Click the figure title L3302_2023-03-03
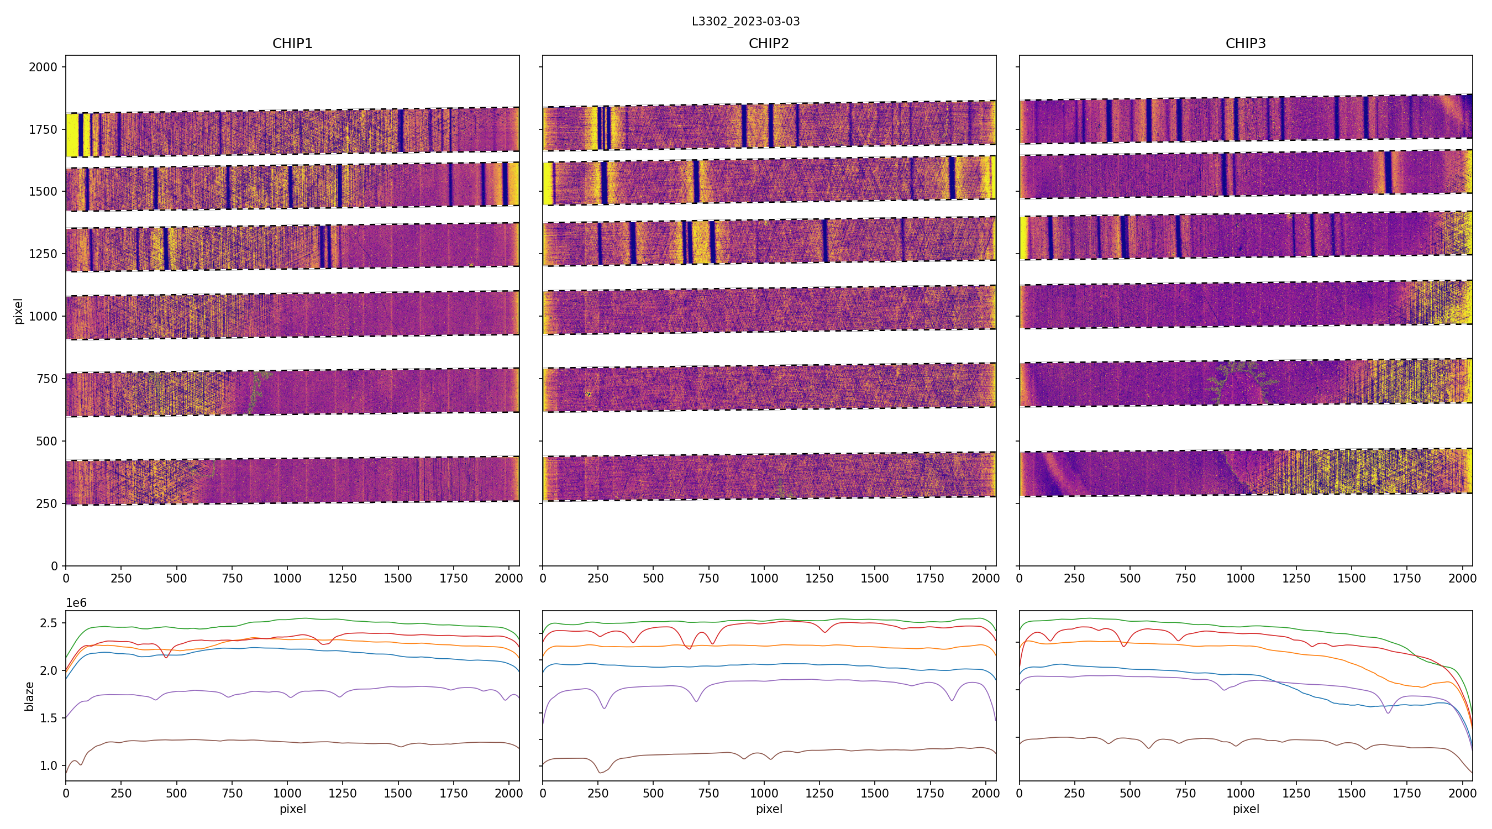tap(745, 22)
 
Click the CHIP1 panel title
tap(292, 44)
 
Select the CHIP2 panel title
tap(769, 44)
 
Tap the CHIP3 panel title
tap(1245, 44)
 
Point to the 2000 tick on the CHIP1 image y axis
tap(44, 67)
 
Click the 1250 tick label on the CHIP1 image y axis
tap(44, 254)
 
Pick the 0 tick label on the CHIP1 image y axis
tap(55, 566)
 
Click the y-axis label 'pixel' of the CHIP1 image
tap(19, 311)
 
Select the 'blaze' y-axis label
tap(29, 696)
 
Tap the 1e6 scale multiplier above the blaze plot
tap(76, 603)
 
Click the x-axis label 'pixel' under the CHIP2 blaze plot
tap(769, 809)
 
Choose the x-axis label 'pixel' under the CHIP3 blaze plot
tap(1245, 809)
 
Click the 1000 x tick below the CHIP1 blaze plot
tap(287, 793)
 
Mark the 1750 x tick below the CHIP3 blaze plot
tap(1406, 793)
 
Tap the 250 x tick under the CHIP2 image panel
tap(598, 578)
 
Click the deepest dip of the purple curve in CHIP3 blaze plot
tap(1388, 712)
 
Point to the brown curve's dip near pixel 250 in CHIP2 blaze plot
tap(600, 772)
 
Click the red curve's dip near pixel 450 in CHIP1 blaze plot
tap(166, 658)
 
